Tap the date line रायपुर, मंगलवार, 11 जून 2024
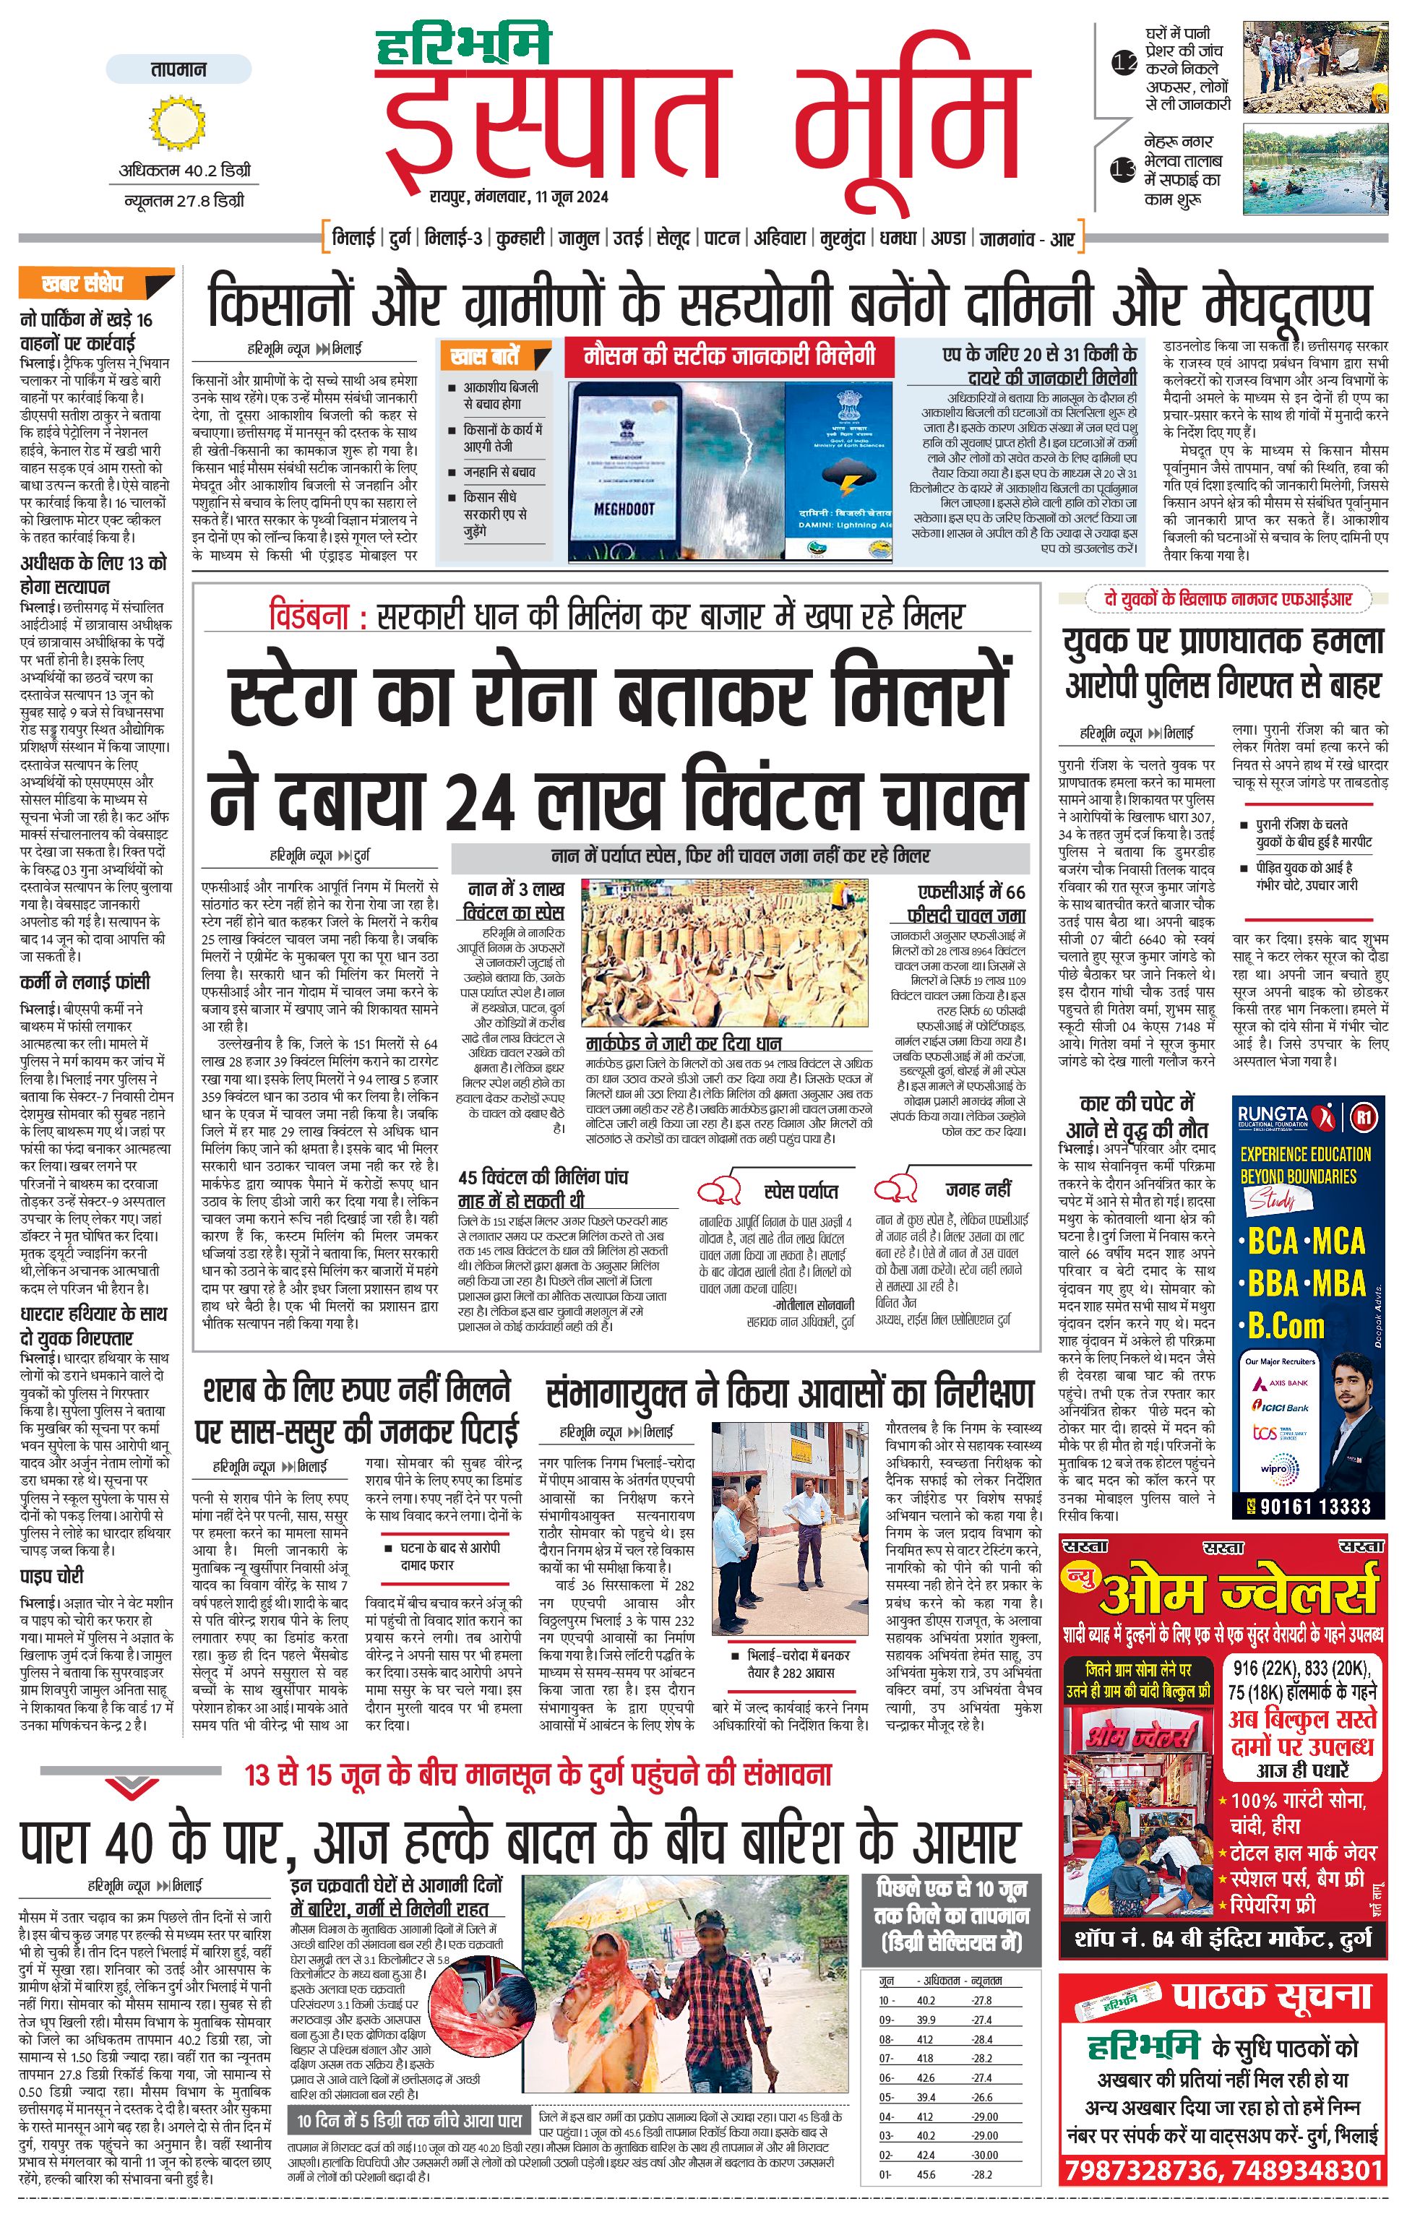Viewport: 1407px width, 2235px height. click(519, 197)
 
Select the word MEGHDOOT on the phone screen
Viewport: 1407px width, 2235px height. click(624, 509)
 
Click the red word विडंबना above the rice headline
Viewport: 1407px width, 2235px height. click(310, 616)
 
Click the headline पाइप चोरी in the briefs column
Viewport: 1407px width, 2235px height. click(52, 1576)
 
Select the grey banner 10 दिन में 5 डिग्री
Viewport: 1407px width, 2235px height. click(408, 2120)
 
